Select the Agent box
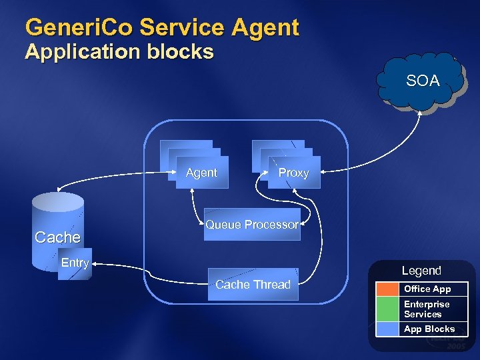point(201,173)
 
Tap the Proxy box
point(293,173)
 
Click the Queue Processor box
point(252,225)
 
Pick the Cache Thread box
point(253,285)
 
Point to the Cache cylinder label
point(57,237)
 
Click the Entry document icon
point(75,264)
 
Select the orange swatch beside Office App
point(387,289)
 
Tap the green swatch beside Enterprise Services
point(387,309)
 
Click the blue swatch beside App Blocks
point(387,329)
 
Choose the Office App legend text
point(427,289)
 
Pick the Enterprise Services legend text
point(427,309)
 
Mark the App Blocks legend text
point(429,329)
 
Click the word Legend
point(421,271)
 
